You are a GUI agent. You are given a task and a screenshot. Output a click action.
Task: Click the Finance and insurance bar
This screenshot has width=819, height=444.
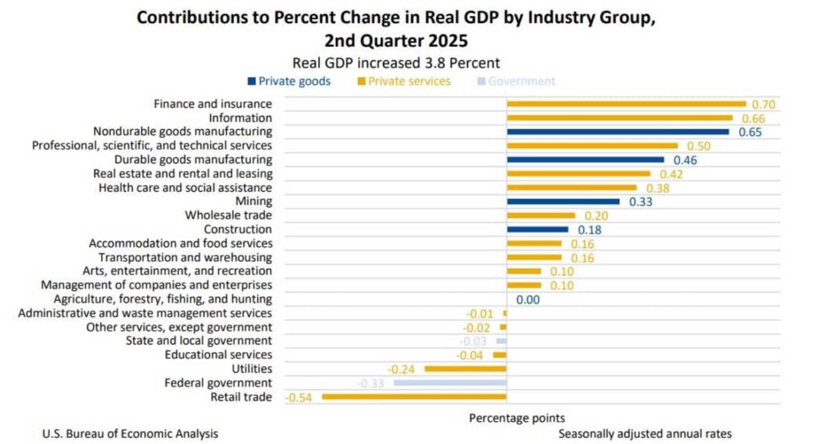tap(626, 104)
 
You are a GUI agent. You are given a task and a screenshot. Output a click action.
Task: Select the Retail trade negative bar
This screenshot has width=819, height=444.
tap(414, 397)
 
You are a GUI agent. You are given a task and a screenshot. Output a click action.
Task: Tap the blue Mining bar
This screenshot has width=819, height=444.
tap(563, 202)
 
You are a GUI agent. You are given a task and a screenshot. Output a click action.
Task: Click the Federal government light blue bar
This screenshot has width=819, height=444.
tap(450, 383)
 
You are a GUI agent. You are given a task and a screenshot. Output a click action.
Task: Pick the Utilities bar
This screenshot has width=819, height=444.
tap(465, 369)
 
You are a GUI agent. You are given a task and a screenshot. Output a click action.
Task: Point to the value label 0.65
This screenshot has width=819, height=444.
tap(750, 132)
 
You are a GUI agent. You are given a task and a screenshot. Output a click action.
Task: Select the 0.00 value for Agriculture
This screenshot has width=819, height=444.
tap(528, 299)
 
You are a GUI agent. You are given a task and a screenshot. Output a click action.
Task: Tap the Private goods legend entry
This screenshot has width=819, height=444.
tap(289, 81)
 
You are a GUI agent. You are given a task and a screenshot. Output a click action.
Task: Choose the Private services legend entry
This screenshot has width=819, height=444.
tap(404, 81)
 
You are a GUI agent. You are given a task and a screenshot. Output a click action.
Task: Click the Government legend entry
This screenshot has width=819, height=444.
tap(516, 81)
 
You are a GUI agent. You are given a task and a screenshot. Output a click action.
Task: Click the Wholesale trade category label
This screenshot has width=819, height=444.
tap(228, 216)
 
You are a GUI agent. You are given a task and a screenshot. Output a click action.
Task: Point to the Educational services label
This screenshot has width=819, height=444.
tap(218, 355)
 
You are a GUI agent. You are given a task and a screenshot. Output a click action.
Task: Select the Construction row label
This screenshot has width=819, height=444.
tap(238, 229)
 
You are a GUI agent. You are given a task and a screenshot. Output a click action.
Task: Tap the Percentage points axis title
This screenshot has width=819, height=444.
tap(517, 417)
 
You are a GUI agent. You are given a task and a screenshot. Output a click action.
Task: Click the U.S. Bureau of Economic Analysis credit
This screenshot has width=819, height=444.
tap(130, 434)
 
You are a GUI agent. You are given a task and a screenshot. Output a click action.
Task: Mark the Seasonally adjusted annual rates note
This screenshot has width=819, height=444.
tap(645, 434)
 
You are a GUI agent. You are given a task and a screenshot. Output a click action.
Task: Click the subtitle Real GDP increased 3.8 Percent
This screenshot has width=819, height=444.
tap(396, 63)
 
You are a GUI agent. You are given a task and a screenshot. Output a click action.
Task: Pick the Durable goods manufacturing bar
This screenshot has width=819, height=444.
tap(585, 160)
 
